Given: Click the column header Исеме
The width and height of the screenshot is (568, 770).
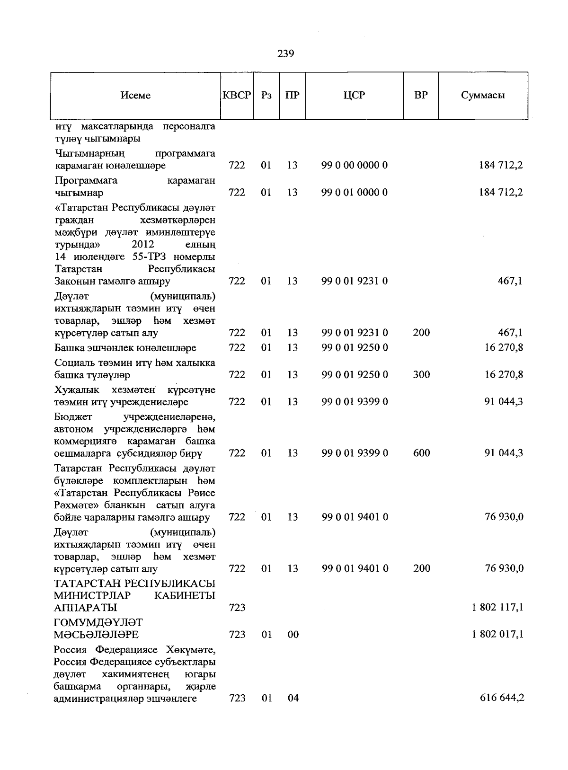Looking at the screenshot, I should (135, 96).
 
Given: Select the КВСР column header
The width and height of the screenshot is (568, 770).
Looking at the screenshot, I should (237, 95).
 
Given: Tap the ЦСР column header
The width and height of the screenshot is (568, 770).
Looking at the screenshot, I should (354, 95).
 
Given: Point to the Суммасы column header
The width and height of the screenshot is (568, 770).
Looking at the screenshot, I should (483, 96).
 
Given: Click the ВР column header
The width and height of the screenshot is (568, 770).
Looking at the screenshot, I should (421, 95).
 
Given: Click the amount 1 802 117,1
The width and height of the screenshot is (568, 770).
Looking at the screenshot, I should (497, 607).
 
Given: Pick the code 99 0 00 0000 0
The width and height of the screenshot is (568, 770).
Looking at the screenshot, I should (355, 166).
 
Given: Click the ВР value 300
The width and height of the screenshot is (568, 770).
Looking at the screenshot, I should (421, 375).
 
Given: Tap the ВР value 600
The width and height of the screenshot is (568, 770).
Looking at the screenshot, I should (421, 453).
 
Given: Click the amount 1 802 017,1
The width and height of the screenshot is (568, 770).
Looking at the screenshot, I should (497, 634).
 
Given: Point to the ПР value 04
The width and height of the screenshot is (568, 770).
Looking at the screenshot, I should (293, 698).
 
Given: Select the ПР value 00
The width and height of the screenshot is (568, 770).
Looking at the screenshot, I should (293, 634).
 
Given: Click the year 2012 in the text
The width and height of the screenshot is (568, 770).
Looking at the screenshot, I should (142, 245).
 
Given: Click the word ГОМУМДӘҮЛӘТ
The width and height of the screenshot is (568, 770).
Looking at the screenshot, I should (98, 622).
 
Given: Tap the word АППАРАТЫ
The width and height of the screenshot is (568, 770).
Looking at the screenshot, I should (86, 607).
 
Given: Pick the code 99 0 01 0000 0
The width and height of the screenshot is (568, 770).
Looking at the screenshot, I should (355, 193).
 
